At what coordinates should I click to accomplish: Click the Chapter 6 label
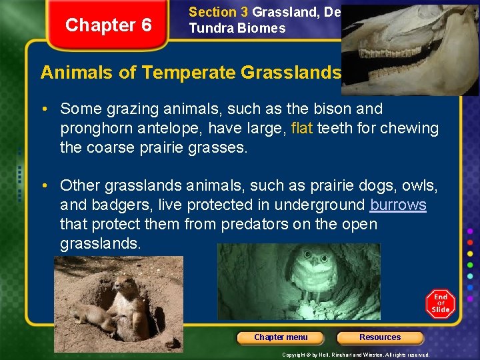109,25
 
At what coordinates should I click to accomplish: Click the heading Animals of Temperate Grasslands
191,72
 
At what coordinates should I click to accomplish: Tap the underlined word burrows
398,205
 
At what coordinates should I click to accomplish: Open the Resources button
380,337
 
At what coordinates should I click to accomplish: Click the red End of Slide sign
441,303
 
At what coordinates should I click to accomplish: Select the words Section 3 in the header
213,12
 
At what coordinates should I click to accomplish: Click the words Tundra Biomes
237,29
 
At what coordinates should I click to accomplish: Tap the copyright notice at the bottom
355,355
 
